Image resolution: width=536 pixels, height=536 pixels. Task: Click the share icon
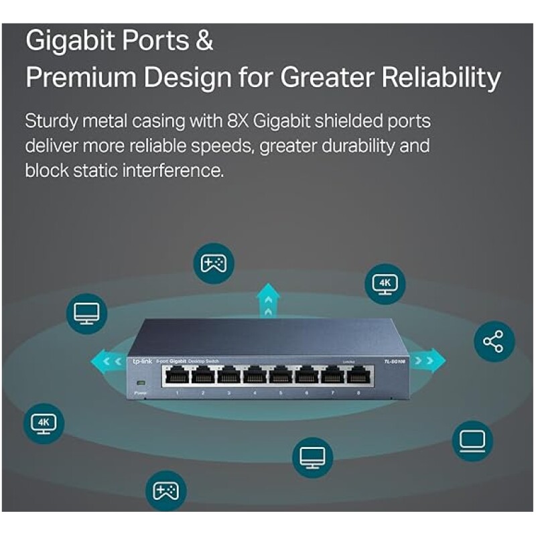(494, 341)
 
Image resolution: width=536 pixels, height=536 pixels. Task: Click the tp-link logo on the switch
(141, 362)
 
